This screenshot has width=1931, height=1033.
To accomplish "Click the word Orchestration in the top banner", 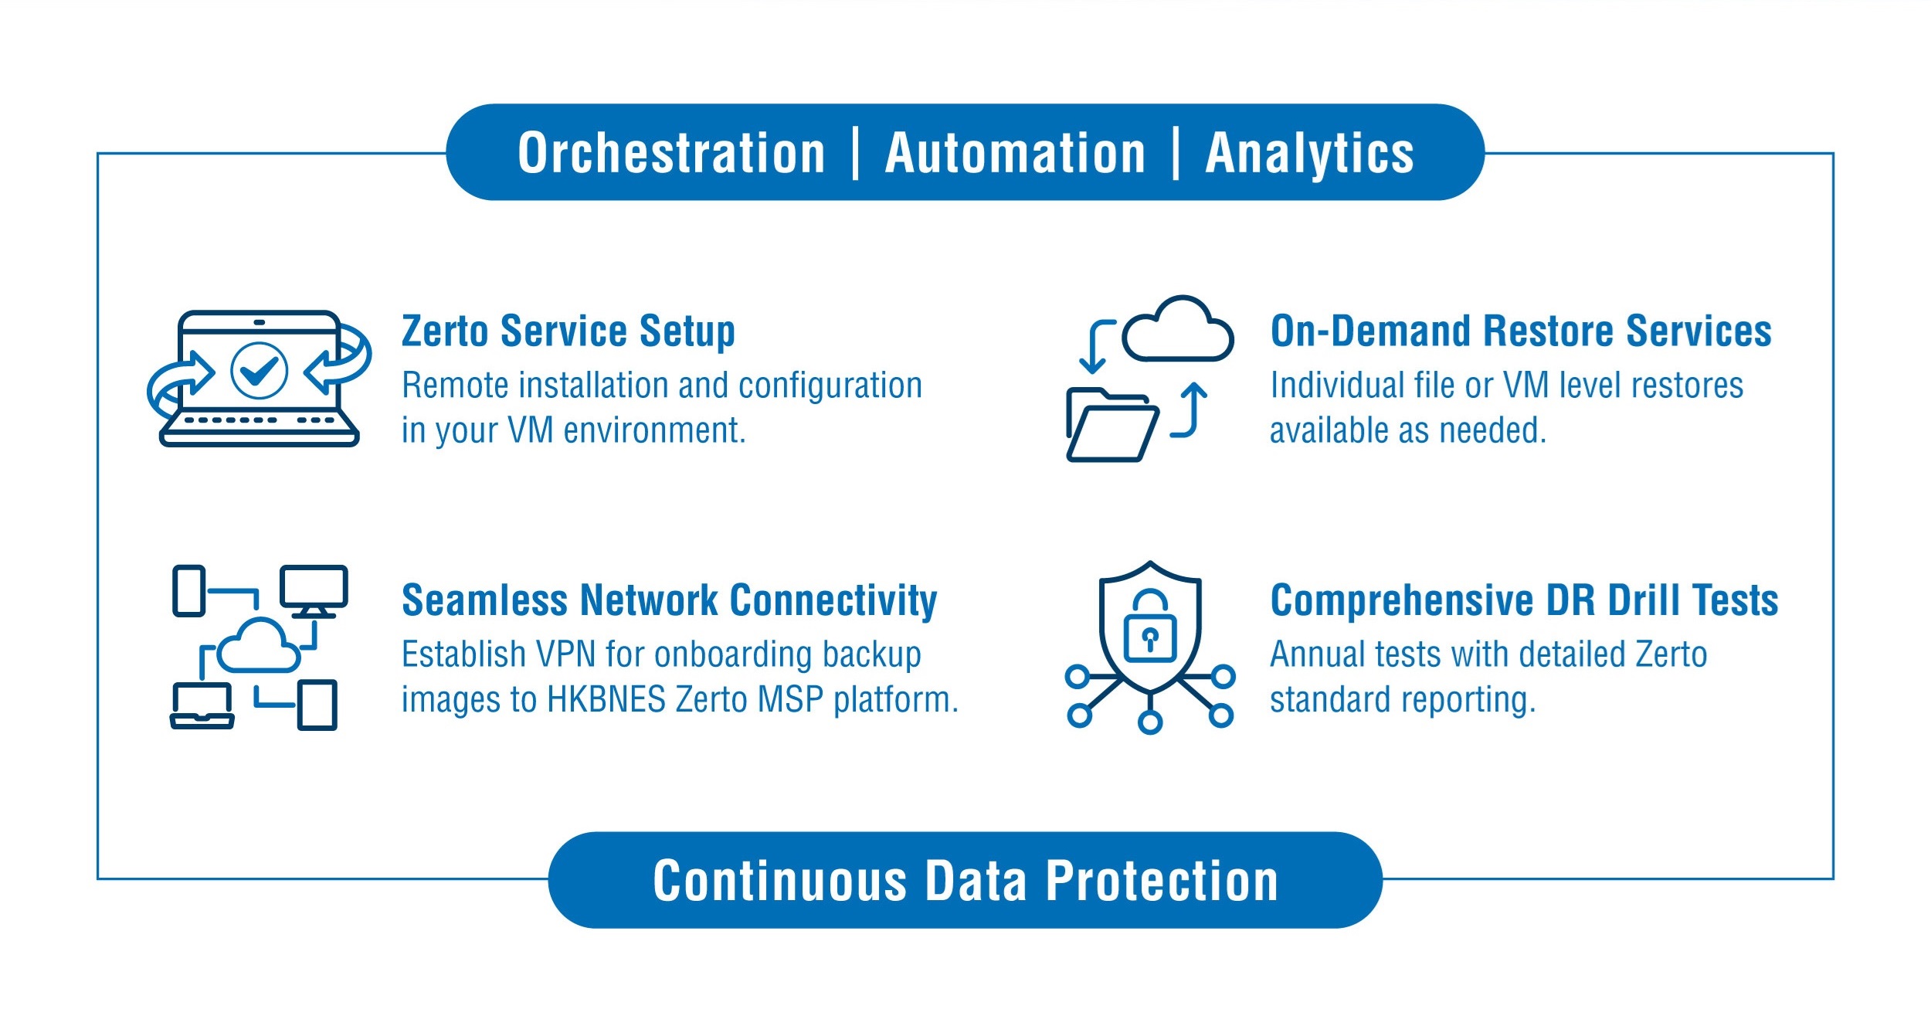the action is (671, 153).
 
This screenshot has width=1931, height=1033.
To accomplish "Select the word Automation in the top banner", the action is (1015, 153).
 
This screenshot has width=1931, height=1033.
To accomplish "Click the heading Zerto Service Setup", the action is (568, 331).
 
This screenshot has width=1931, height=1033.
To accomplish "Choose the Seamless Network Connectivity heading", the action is (670, 601).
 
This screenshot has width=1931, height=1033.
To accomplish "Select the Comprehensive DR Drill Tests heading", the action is (1524, 600).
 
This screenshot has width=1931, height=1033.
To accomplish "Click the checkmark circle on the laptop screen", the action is (260, 371).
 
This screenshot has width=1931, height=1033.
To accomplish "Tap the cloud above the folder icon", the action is (1178, 328).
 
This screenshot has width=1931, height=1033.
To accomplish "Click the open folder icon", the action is (1112, 425).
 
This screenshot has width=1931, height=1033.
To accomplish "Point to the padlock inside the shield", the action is (1150, 627).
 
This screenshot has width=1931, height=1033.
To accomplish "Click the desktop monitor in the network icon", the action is (314, 592).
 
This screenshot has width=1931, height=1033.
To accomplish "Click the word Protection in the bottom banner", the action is (1162, 881).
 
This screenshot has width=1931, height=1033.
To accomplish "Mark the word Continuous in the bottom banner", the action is (780, 881).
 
